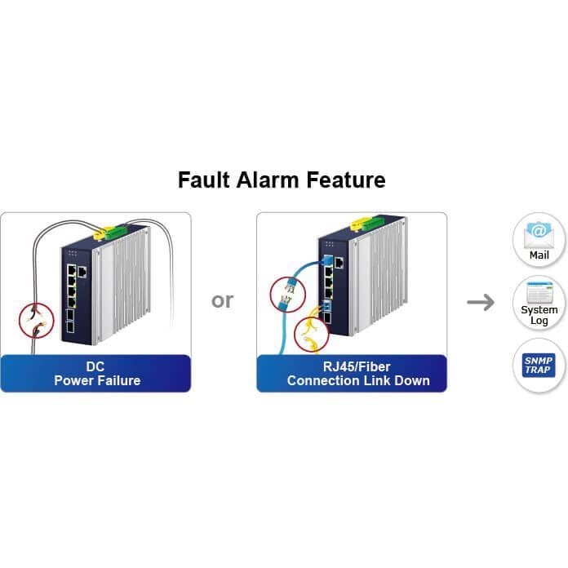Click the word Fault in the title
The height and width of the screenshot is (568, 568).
203,180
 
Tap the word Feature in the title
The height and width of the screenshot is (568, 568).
346,180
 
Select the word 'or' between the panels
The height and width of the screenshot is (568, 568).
223,300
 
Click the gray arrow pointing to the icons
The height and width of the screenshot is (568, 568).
481,303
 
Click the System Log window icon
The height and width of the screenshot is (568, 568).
539,293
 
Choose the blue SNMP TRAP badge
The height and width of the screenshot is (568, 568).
539,365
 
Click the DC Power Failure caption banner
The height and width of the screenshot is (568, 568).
95,373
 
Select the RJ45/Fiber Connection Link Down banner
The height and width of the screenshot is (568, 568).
352,373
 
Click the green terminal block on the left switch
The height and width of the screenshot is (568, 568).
116,233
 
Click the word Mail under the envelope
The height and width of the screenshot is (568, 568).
539,255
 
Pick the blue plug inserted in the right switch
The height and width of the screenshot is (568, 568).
327,260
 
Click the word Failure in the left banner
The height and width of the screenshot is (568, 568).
118,380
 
